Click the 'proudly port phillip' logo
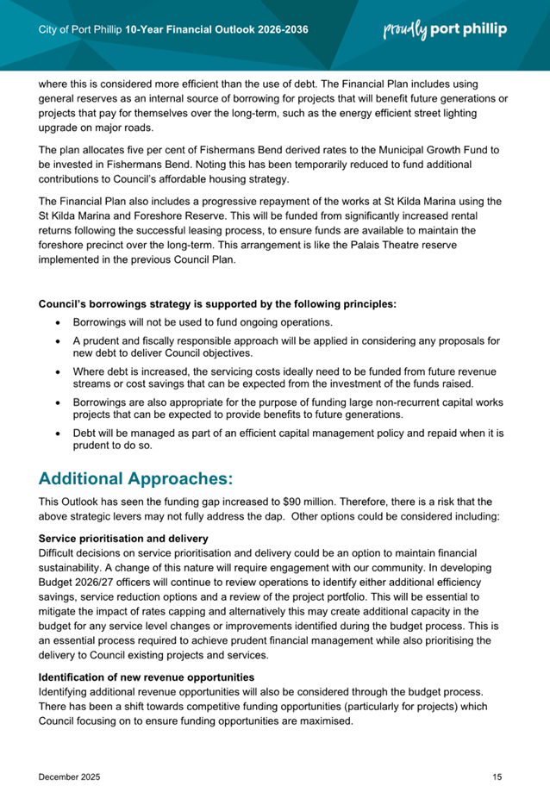pos(444,30)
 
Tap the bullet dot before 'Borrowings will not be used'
pos(58,322)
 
